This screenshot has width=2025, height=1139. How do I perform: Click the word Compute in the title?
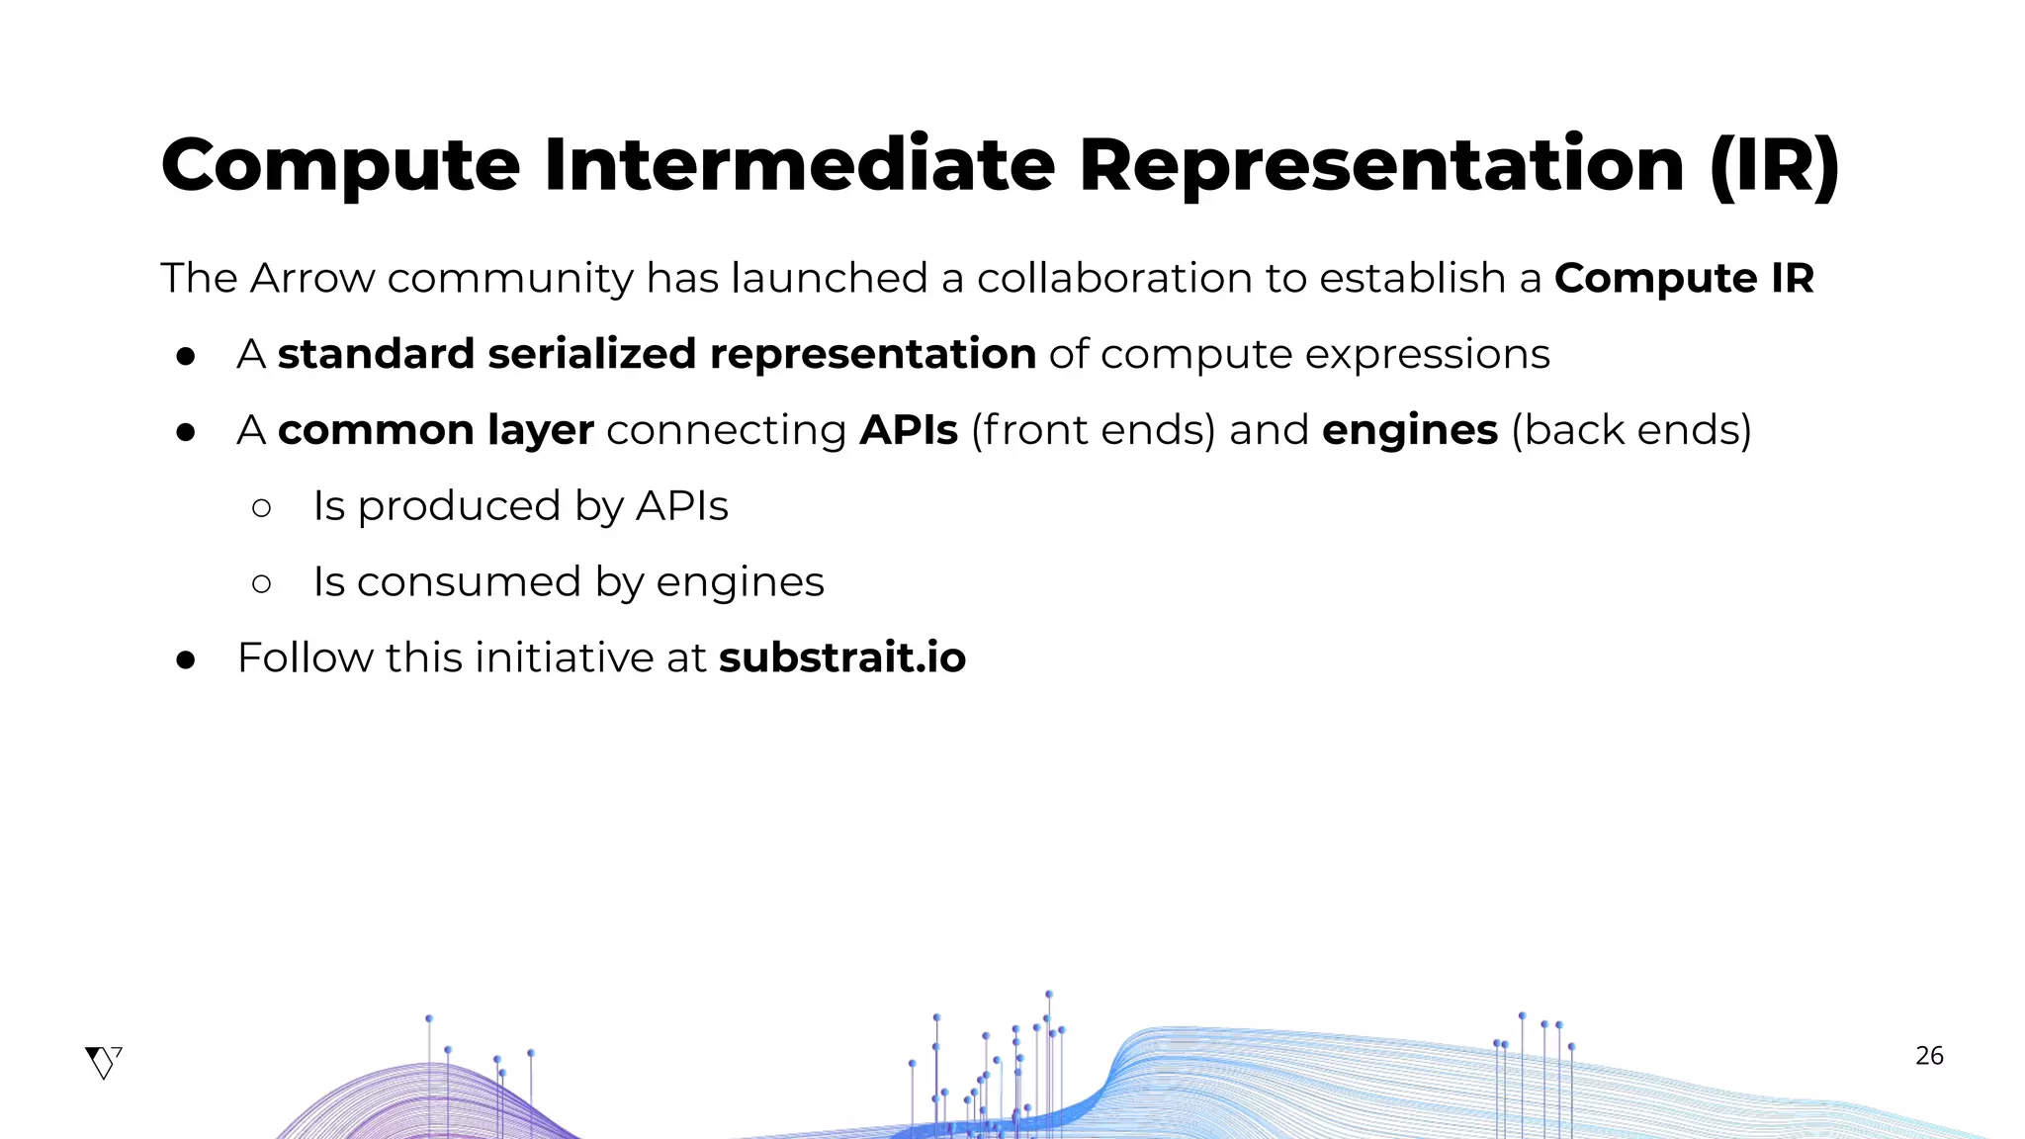click(340, 166)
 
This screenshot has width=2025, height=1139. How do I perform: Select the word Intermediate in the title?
click(799, 164)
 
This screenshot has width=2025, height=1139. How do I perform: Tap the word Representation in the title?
click(1381, 164)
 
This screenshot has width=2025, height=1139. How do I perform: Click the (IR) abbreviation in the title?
click(1775, 166)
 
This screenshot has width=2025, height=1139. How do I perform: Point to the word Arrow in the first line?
click(312, 279)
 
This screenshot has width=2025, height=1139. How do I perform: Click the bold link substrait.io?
click(841, 658)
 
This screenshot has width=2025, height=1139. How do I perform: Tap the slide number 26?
click(1929, 1056)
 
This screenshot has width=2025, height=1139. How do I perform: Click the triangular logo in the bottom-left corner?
click(103, 1063)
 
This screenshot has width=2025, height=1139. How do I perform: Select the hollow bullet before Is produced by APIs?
click(262, 508)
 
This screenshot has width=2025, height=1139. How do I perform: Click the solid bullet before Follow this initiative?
click(186, 660)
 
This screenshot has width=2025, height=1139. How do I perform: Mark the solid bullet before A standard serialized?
click(186, 357)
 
